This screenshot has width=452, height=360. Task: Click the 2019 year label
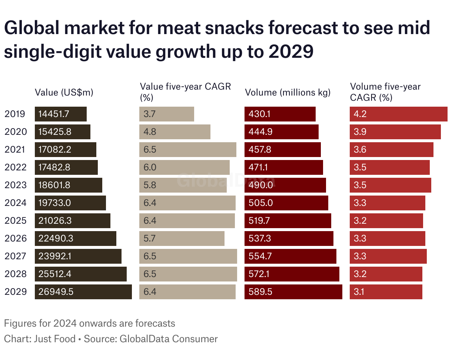[15, 114]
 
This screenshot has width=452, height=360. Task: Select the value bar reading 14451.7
[61, 114]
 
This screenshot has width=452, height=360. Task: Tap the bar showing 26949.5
[83, 292]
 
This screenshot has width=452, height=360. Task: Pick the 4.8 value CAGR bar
[175, 132]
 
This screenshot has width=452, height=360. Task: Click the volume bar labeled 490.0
[285, 185]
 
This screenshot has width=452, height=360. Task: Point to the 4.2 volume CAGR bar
[399, 114]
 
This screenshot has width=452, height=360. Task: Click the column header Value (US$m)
[64, 93]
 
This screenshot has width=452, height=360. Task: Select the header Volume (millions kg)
[288, 93]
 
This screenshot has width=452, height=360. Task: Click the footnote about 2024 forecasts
[89, 323]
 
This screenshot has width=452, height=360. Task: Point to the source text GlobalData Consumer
[169, 339]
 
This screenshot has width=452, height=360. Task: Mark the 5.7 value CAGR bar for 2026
[182, 239]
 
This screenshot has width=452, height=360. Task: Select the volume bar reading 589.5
[293, 292]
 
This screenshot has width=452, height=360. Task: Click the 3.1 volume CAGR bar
[386, 292]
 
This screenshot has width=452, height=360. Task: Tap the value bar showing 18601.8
[69, 185]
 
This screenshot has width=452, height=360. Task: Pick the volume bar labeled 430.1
[280, 114]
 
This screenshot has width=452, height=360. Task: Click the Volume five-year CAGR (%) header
[385, 92]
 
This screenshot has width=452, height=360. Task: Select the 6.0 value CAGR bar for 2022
[185, 167]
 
